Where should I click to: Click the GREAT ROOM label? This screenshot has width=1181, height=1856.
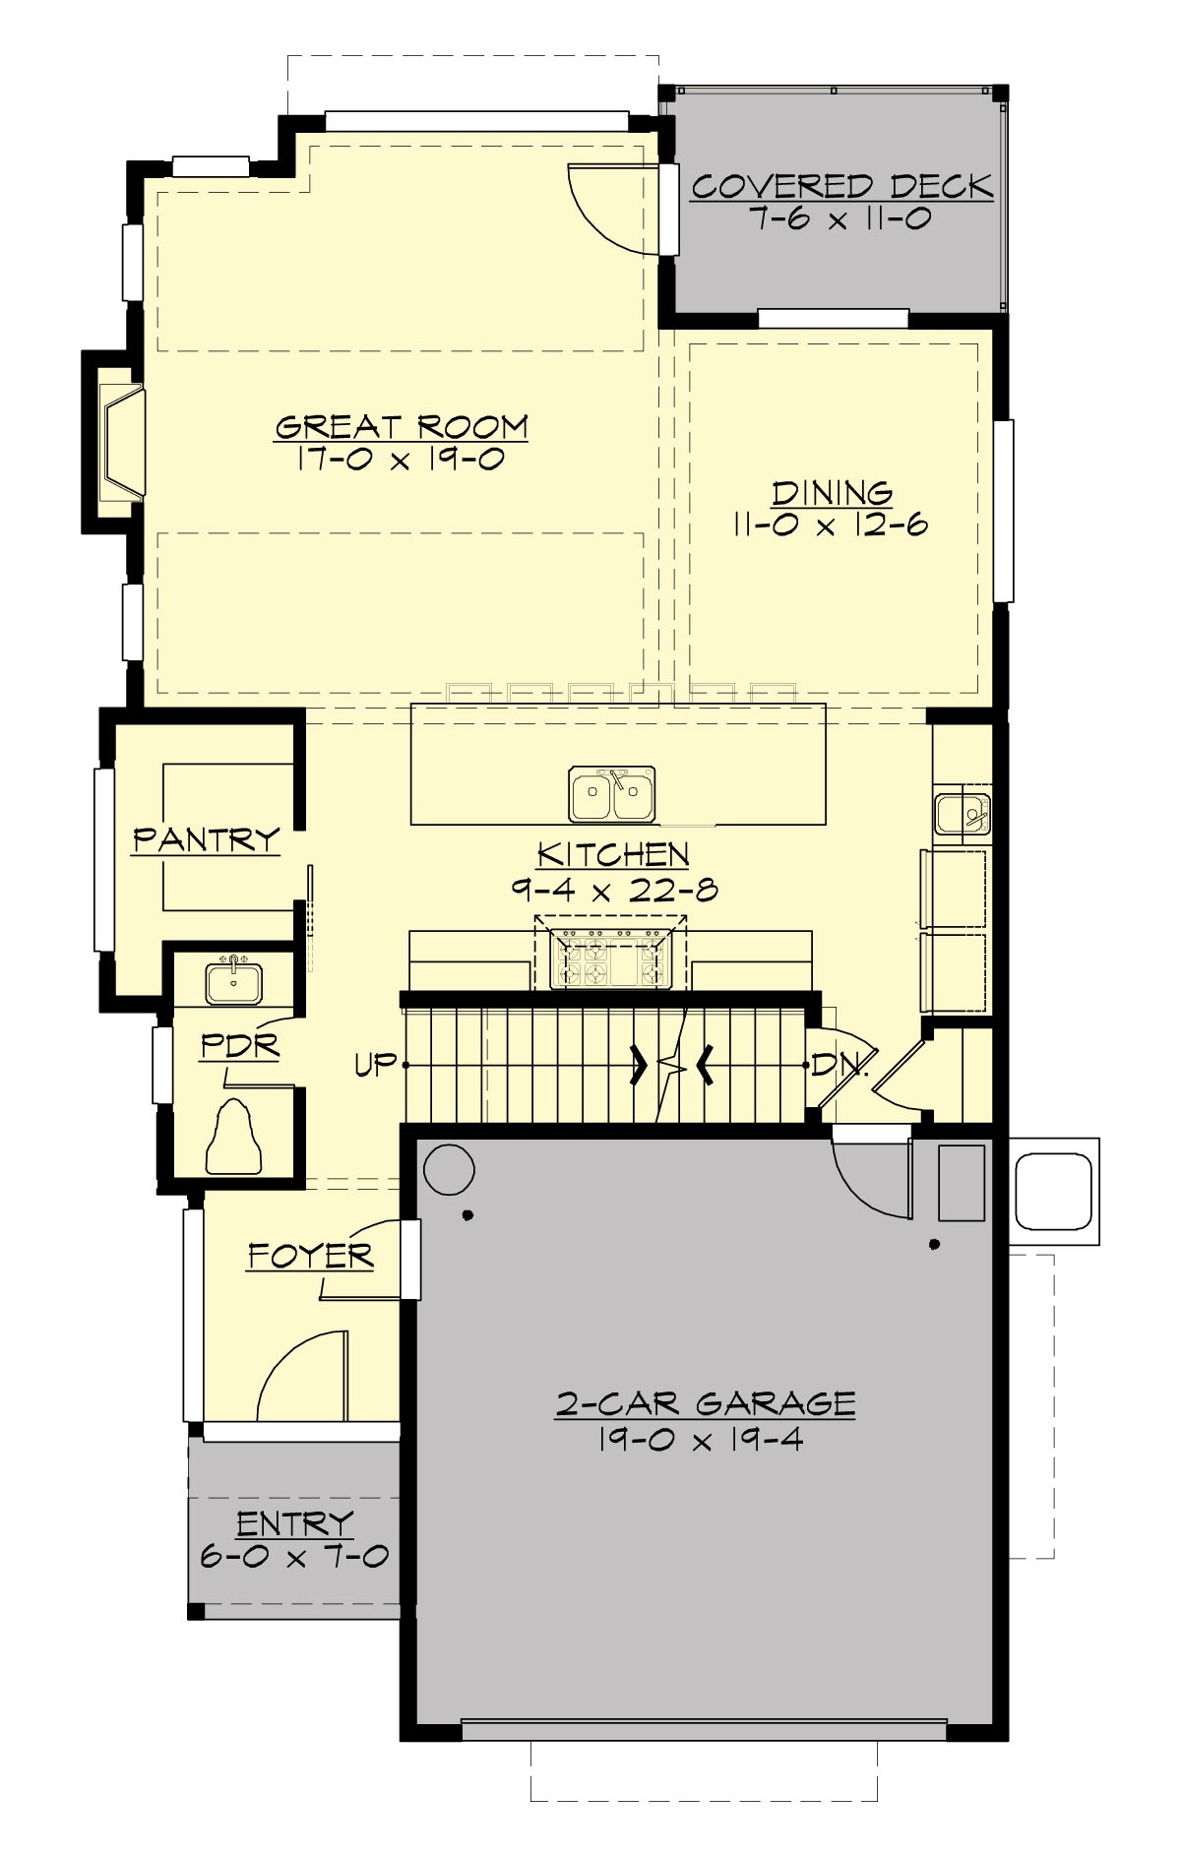[402, 427]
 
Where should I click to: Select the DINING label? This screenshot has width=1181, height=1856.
[832, 492]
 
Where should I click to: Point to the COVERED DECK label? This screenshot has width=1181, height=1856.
[841, 186]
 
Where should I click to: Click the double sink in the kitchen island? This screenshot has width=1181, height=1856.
[611, 793]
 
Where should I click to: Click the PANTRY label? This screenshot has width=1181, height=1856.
[206, 839]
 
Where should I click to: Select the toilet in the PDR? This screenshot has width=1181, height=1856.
[233, 1140]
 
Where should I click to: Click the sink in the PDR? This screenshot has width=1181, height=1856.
[233, 981]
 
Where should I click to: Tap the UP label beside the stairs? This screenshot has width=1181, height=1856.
[376, 1065]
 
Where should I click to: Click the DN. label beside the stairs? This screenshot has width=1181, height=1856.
[839, 1065]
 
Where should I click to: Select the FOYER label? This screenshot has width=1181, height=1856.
[310, 1256]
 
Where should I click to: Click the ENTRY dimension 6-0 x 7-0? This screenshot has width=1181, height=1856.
[294, 1556]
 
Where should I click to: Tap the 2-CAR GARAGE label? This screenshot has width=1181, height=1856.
[705, 1403]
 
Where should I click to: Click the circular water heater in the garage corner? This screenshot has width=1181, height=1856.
[448, 1170]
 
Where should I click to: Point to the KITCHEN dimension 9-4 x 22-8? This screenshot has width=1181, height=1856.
[613, 890]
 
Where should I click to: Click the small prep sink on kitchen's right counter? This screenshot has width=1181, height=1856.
[962, 814]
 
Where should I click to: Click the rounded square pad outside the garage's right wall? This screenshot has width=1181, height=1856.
[1053, 1191]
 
